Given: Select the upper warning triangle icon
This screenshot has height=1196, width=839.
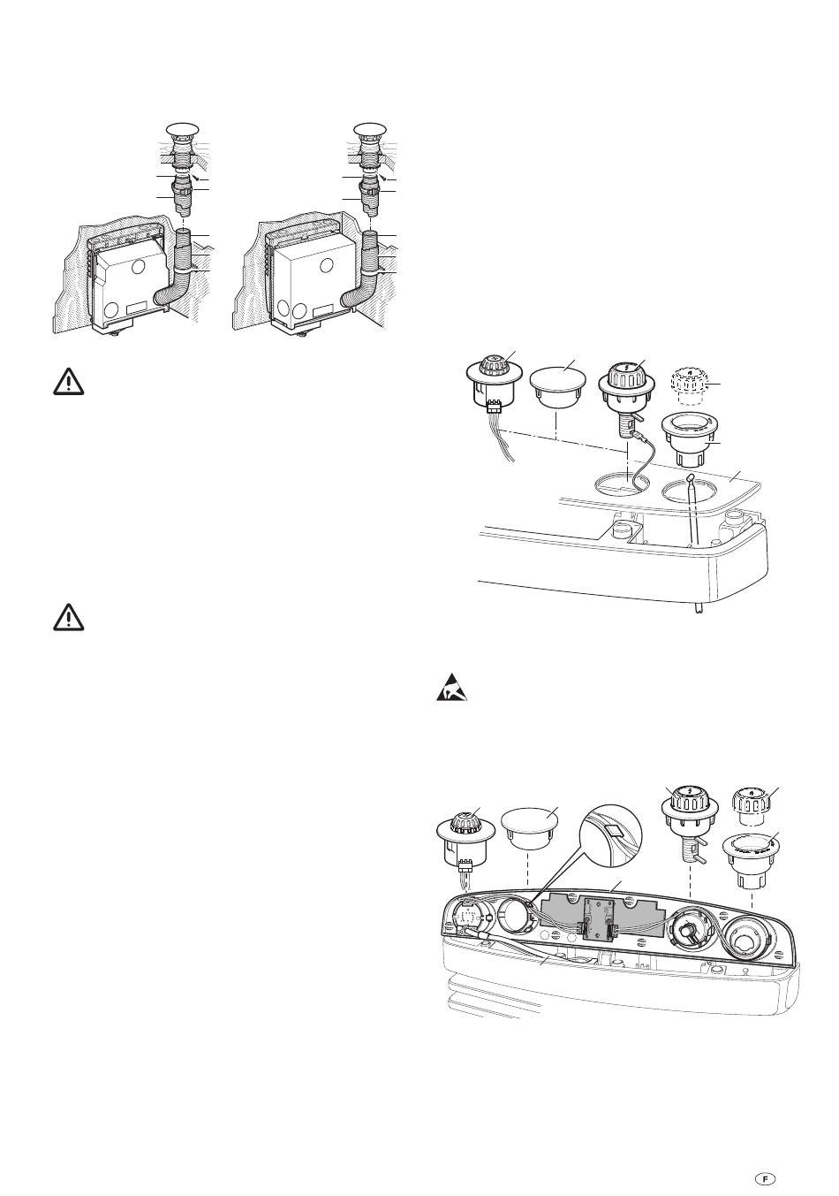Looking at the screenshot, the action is [x=68, y=382].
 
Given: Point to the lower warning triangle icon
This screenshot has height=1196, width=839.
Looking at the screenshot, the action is [x=68, y=617].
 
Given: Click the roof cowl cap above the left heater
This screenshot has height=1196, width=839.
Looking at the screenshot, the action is [x=183, y=129].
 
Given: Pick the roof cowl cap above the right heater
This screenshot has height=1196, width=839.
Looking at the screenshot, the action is [x=370, y=129].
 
